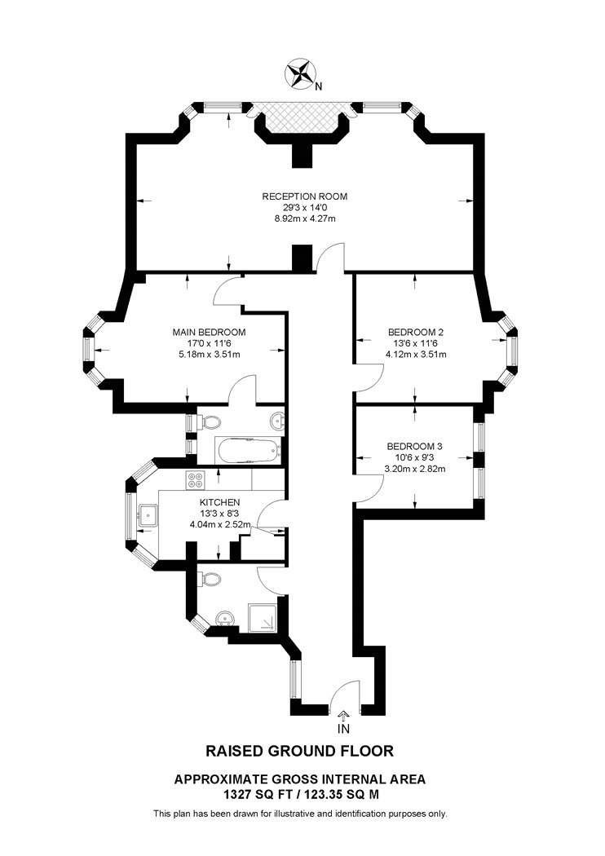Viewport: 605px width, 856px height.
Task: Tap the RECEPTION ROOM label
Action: click(305, 196)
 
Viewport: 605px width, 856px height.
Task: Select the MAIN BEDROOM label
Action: click(209, 332)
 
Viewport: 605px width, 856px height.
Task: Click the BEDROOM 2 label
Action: click(416, 332)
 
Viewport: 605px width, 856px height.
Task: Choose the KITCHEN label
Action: click(219, 502)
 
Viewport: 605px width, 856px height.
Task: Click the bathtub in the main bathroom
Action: click(246, 451)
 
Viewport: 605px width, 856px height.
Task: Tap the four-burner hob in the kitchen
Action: click(195, 480)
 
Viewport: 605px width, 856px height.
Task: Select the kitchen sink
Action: click(148, 514)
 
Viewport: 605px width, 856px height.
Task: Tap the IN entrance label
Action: click(343, 729)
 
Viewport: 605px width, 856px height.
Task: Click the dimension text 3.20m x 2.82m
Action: click(415, 469)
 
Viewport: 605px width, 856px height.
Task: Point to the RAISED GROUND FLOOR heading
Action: click(299, 751)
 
